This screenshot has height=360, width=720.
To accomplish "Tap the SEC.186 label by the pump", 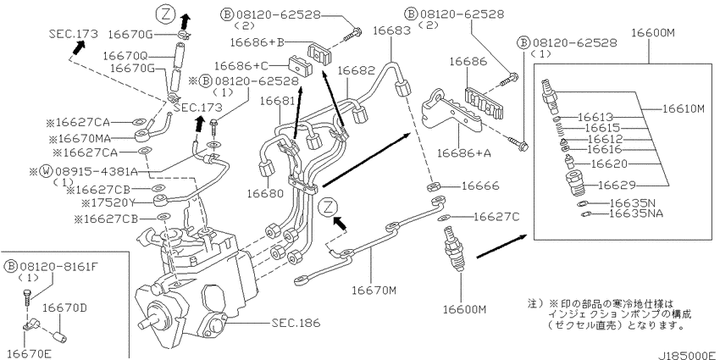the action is point(295,323).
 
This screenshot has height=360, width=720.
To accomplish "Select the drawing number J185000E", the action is point(688,356).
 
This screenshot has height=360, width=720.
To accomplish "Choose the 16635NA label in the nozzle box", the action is point(636,213).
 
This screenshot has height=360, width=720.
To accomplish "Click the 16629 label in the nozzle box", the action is point(617,185).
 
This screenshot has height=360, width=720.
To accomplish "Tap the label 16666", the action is point(479,186).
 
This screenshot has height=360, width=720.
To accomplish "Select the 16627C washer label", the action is point(497,216).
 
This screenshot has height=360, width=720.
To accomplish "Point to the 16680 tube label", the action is point(266,193).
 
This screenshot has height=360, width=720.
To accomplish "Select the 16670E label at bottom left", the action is point(29,353).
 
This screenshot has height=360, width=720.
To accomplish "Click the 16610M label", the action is point(684,108).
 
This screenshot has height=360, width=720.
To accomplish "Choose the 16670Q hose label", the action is point(125,56).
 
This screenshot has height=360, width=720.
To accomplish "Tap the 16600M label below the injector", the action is point(464,310).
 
